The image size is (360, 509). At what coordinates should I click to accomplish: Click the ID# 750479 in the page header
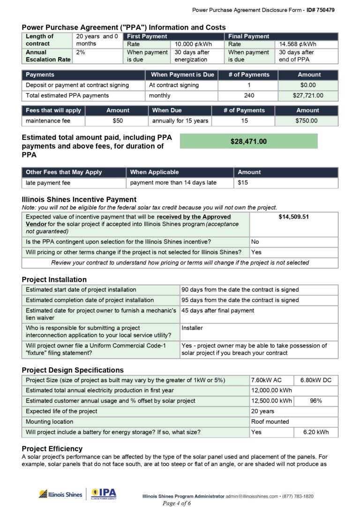(321, 10)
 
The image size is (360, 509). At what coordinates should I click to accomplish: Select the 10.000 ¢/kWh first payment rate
(193, 44)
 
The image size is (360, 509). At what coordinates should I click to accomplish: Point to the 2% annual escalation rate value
(81, 53)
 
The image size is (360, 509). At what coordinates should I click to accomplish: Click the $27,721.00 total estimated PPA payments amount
(307, 95)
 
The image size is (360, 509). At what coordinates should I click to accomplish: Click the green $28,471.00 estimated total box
(248, 141)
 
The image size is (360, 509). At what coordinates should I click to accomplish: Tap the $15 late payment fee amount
(243, 182)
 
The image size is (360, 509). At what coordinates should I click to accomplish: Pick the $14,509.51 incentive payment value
(293, 217)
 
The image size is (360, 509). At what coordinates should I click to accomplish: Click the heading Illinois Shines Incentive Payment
(79, 199)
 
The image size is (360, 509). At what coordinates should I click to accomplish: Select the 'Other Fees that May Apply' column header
(64, 172)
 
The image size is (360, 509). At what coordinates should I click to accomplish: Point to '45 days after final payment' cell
(217, 310)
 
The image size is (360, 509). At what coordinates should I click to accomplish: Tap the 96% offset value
(315, 401)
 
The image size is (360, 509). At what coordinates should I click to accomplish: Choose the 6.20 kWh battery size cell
(315, 432)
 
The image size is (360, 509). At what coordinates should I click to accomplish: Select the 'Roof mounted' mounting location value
(270, 421)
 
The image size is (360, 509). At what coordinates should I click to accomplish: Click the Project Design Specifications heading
(73, 370)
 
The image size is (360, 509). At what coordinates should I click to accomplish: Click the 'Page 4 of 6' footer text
(176, 503)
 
